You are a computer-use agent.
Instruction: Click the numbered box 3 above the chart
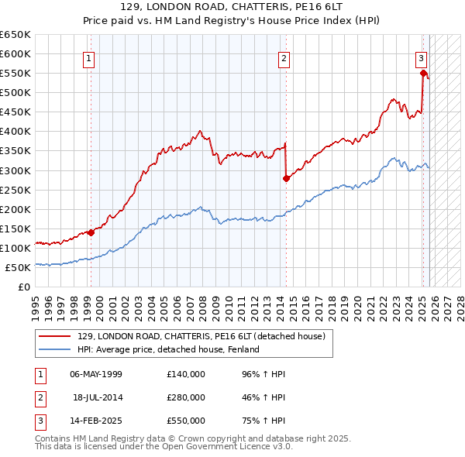[x=421, y=57]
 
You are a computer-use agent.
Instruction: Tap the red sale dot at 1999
[x=91, y=232]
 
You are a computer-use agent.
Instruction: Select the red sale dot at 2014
[x=286, y=177]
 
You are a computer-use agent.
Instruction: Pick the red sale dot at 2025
[x=423, y=74]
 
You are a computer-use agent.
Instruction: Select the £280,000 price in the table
[x=185, y=397]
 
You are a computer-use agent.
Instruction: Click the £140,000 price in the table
[x=185, y=374]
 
